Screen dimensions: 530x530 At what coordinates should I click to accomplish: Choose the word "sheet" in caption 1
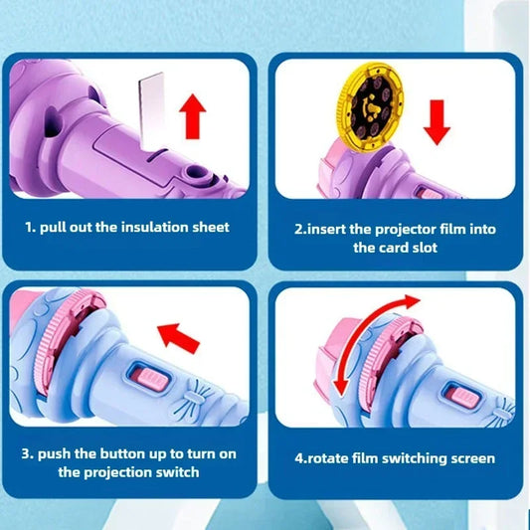[x=210, y=227]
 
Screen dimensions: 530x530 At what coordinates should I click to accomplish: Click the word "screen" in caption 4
[x=471, y=458]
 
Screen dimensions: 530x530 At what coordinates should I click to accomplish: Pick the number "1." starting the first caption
[x=31, y=227]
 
